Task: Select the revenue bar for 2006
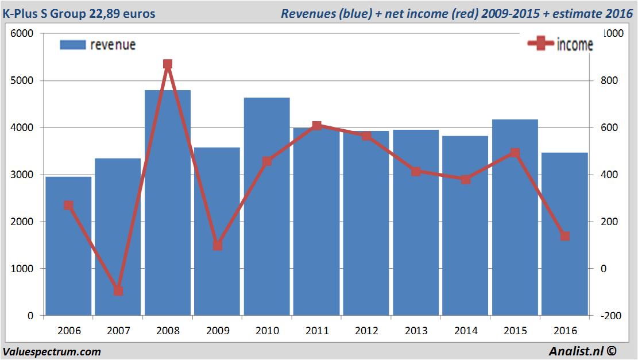pos(68,247)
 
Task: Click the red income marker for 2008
pos(168,64)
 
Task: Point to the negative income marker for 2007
pos(118,291)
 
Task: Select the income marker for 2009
pos(217,246)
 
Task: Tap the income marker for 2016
pos(564,236)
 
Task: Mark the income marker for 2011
pos(316,125)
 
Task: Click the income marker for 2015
pos(515,153)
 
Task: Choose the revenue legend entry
pos(98,45)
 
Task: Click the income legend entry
pos(560,45)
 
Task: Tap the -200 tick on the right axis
pos(610,316)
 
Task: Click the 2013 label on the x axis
pos(416,331)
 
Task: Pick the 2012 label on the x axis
pos(366,331)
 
